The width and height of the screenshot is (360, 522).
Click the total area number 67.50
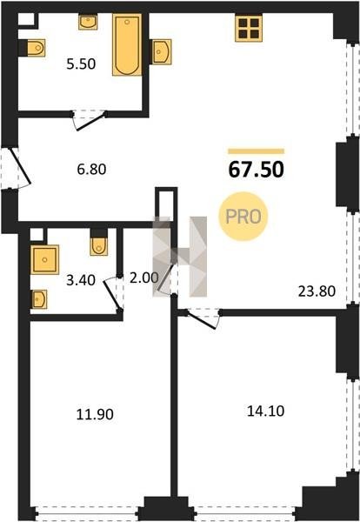[x=256, y=169]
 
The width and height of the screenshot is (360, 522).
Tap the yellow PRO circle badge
[x=243, y=217]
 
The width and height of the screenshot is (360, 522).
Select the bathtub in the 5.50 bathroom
[x=127, y=44]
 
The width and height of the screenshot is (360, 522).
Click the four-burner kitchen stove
[x=249, y=28]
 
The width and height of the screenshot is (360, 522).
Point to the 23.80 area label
[x=317, y=291]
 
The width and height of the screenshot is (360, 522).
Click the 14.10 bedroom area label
[x=265, y=411]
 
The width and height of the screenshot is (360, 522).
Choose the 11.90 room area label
[x=95, y=414]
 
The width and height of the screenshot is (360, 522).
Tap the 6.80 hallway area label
[x=91, y=169]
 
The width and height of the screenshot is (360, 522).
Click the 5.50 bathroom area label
[x=81, y=64]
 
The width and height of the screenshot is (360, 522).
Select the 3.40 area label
[x=81, y=280]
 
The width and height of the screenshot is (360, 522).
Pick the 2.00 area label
[x=143, y=278]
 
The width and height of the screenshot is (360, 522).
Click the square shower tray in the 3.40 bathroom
[x=44, y=259]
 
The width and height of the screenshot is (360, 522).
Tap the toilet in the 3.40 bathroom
[x=98, y=243]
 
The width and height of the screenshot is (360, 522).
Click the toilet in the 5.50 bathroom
[x=32, y=48]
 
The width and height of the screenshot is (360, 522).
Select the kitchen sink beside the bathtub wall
[x=162, y=51]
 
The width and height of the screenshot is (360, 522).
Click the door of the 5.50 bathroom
[x=90, y=122]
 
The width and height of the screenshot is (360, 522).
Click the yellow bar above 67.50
[x=257, y=151]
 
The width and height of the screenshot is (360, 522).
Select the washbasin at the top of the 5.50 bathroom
[x=88, y=22]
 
